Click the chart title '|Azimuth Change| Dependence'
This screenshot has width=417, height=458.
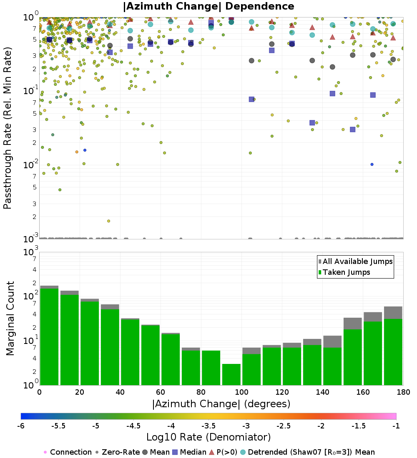[208, 7]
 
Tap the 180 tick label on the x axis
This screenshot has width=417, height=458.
[403, 392]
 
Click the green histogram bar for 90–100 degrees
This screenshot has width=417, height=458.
[231, 374]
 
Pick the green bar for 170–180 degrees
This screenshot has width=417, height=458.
[393, 352]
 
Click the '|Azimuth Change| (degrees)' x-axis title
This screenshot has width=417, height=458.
[221, 404]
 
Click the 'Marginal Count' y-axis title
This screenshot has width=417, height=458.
[10, 319]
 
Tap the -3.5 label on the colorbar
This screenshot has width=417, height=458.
[208, 426]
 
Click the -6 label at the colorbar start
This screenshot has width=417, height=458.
[21, 426]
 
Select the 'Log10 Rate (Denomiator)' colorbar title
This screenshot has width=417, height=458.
[208, 437]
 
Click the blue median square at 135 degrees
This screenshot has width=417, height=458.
[312, 122]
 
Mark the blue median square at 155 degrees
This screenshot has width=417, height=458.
[352, 129]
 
